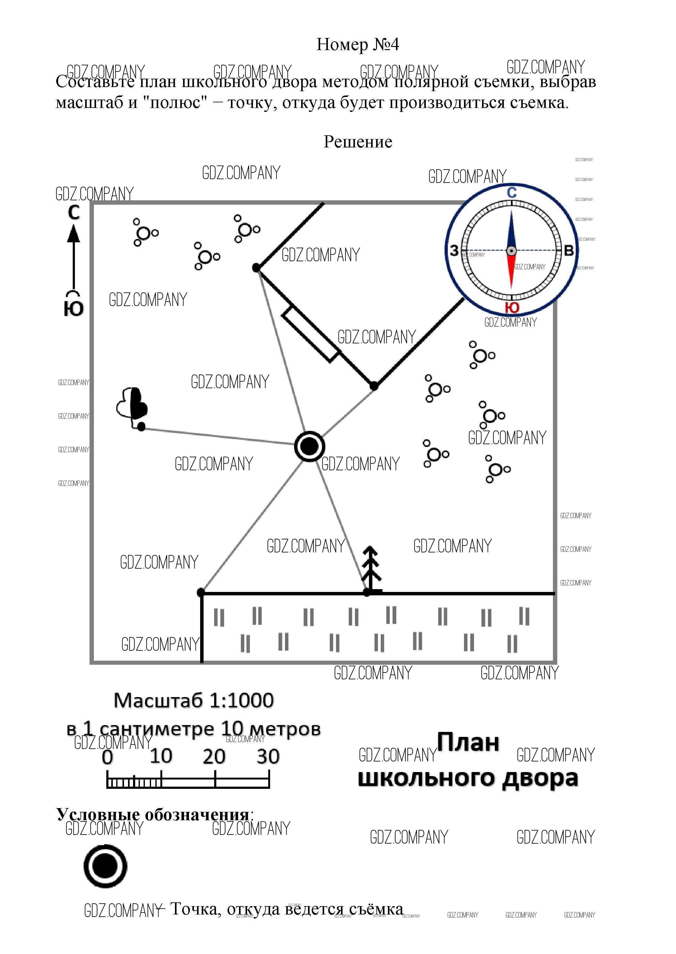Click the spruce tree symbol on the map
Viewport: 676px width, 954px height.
click(371, 569)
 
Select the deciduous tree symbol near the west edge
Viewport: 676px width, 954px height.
click(132, 404)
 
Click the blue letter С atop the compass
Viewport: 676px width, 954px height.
click(512, 193)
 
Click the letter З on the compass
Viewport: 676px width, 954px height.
click(454, 250)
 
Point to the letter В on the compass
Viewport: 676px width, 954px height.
click(568, 250)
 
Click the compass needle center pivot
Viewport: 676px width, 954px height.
click(512, 251)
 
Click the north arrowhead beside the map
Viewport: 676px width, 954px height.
click(74, 234)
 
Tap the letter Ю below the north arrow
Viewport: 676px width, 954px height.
click(74, 309)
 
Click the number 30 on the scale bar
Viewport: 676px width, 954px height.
click(268, 756)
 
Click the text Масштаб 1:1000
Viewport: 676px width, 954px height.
click(194, 700)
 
